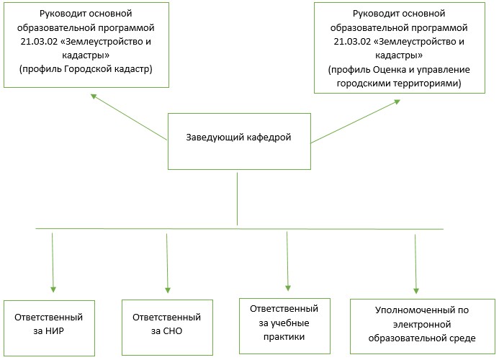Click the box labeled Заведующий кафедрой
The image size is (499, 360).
[x=239, y=141]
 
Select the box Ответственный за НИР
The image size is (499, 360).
[x=49, y=328]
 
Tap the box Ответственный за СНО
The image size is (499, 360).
[x=167, y=327]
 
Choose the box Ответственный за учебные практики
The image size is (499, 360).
[x=284, y=326]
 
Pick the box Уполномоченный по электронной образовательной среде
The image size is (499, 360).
[x=422, y=326]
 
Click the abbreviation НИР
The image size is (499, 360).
[x=55, y=331]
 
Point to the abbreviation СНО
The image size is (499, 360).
[x=172, y=331]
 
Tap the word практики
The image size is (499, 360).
[x=284, y=337]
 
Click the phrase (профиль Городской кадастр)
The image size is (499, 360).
[x=86, y=69]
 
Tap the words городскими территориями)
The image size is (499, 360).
[x=399, y=84]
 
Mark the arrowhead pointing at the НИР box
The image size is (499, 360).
[x=53, y=289]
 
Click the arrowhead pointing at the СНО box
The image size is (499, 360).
[x=168, y=290]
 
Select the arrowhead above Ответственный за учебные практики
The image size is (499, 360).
[x=288, y=288]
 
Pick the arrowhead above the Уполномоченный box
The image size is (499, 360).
[x=416, y=290]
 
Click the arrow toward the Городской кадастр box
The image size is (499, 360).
[x=129, y=117]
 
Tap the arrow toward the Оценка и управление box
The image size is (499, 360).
[x=356, y=121]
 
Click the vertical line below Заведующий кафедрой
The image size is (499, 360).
[x=237, y=199]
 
